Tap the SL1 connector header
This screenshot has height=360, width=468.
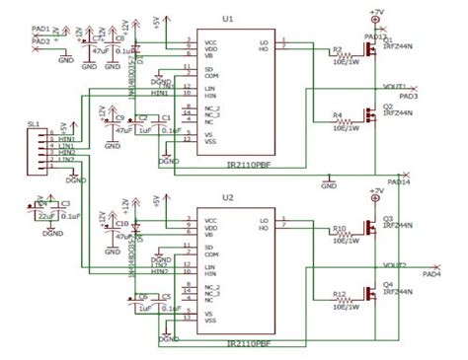(39, 148)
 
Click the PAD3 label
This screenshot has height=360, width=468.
(409, 97)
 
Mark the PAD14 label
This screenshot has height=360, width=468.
(400, 182)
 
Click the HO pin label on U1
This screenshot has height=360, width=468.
(263, 48)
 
